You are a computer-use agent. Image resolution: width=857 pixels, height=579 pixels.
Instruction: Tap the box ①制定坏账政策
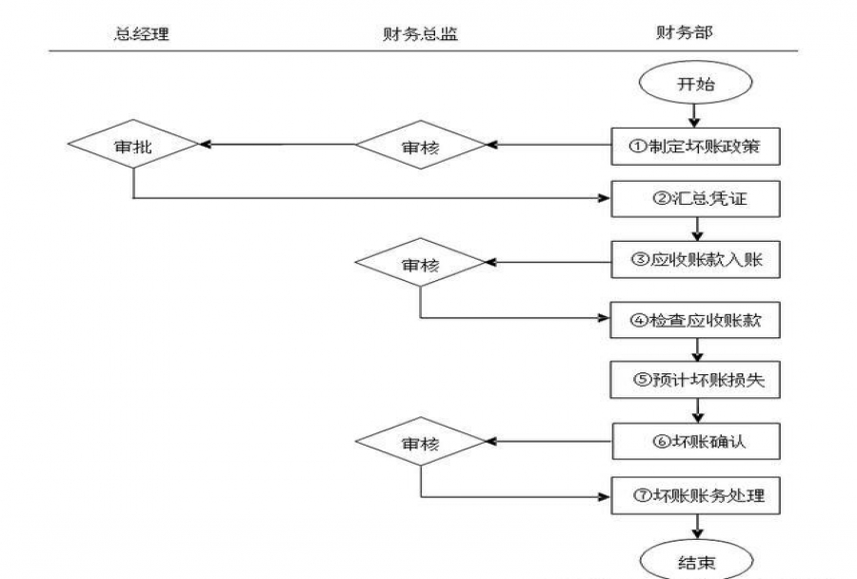(x=695, y=147)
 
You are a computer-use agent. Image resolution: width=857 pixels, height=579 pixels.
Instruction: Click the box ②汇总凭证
(x=695, y=200)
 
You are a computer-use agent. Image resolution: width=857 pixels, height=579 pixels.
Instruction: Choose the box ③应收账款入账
(x=695, y=260)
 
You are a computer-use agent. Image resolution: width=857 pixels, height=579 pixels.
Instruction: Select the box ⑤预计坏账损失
(x=695, y=380)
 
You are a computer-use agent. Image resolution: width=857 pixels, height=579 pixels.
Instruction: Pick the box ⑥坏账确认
(x=695, y=441)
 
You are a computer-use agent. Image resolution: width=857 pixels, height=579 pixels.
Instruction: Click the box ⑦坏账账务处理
(x=695, y=496)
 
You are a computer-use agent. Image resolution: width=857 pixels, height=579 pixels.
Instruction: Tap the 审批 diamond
(x=132, y=146)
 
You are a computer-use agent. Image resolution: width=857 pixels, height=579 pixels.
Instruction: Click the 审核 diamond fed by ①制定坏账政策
(x=420, y=147)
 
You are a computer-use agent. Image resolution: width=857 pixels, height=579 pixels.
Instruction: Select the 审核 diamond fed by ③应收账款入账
(x=420, y=264)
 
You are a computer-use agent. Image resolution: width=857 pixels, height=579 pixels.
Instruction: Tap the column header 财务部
(x=685, y=32)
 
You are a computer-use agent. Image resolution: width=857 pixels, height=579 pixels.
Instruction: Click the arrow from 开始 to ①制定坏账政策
(x=695, y=116)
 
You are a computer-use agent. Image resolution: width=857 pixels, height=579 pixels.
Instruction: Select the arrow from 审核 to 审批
(x=276, y=146)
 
